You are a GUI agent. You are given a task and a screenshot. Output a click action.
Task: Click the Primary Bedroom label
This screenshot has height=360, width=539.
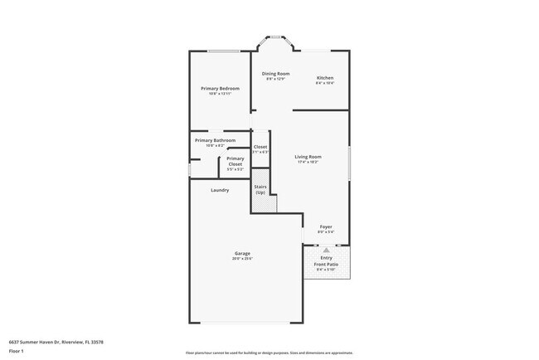click(220, 88)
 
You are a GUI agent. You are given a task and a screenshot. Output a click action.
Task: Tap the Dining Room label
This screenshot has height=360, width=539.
click(275, 74)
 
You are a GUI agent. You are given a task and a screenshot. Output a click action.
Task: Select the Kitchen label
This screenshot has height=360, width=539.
click(325, 78)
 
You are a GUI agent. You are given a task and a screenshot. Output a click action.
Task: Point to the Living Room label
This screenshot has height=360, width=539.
click(308, 156)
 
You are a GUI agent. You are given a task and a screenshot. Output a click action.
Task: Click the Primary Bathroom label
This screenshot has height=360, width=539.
click(215, 140)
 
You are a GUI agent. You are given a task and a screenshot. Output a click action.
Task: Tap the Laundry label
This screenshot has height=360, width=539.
click(220, 190)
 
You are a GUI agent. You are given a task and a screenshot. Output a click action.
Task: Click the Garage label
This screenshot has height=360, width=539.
click(242, 253)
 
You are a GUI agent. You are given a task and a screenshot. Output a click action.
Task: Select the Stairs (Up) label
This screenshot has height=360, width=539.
click(260, 190)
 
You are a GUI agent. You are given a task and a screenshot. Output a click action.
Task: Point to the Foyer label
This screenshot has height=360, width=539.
click(327, 226)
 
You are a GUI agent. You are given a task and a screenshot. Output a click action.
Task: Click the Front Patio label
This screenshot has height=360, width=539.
click(326, 264)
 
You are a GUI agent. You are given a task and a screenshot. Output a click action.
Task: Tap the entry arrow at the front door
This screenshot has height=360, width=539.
click(326, 249)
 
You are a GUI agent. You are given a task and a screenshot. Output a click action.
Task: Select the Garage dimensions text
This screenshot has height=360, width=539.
click(242, 259)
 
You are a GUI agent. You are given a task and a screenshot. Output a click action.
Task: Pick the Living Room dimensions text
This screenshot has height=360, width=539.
click(308, 162)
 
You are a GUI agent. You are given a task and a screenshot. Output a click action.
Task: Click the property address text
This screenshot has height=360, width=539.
click(57, 341)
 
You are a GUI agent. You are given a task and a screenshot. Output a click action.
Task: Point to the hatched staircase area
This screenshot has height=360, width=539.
click(264, 205)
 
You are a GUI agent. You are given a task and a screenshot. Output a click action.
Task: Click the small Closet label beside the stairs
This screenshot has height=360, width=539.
click(260, 147)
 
